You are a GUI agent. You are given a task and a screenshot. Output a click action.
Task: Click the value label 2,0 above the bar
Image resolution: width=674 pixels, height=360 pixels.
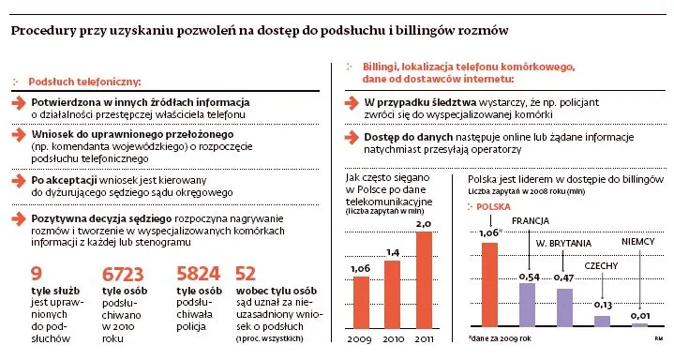point(423,225)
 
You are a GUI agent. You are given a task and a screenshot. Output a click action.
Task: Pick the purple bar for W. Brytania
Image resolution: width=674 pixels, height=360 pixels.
point(565,307)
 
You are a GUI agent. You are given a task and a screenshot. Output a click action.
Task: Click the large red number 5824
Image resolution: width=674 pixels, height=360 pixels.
point(198,274)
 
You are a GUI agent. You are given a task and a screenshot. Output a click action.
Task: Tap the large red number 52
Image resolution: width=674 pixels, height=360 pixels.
point(247,274)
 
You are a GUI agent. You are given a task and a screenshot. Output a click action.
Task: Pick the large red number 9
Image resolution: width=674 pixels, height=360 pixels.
point(37,274)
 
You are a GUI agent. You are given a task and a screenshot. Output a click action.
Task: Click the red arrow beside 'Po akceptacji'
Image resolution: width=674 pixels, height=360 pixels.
point(19,178)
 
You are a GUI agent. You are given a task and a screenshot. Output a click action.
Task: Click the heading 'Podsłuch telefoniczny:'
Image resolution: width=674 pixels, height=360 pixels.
point(84,82)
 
